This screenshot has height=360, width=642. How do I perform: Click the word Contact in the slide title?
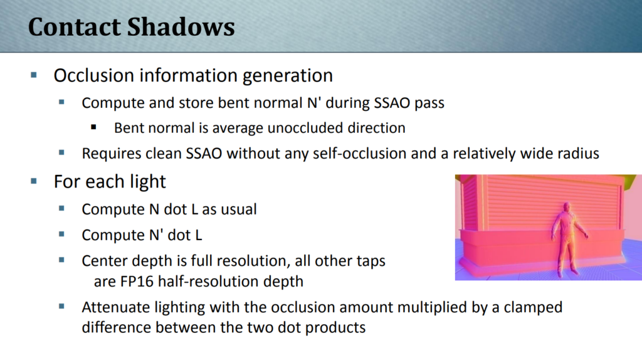(x=74, y=27)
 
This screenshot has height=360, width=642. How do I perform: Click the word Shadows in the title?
(x=181, y=27)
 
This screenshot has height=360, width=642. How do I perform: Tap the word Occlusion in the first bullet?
(x=94, y=75)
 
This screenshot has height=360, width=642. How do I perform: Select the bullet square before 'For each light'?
(x=34, y=181)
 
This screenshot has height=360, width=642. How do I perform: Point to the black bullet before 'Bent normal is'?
(x=94, y=127)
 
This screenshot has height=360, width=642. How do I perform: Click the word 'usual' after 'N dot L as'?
(x=239, y=209)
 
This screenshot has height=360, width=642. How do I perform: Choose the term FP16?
(x=137, y=282)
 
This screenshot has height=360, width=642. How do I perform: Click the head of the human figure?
(x=567, y=207)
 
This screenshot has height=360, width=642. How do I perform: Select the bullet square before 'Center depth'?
(x=62, y=260)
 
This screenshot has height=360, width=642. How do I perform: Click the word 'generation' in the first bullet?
(x=287, y=76)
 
